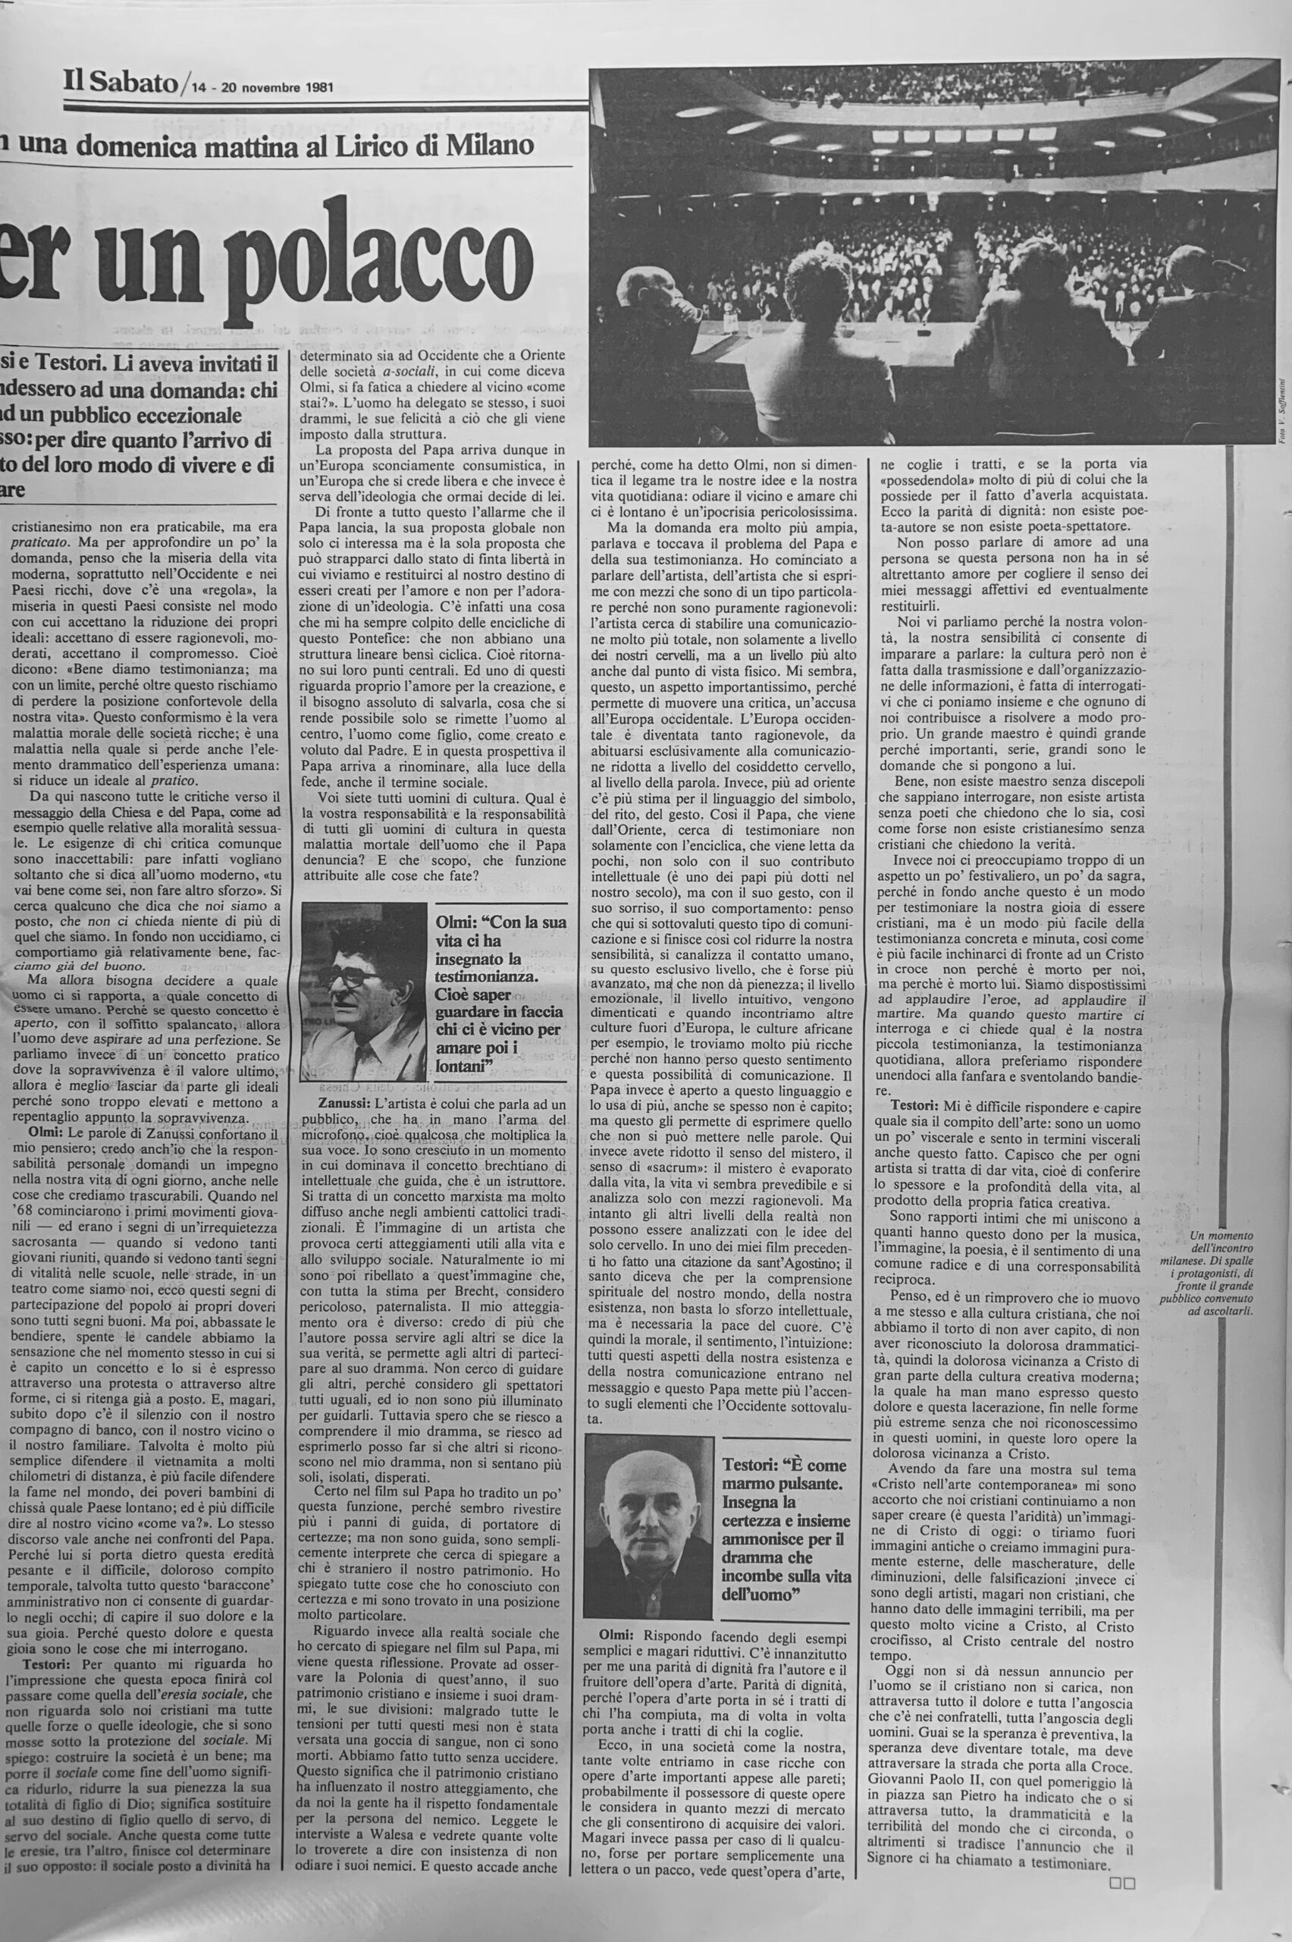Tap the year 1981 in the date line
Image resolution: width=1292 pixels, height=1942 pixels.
pos(317,86)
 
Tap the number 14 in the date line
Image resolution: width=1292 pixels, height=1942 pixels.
pos(198,86)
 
